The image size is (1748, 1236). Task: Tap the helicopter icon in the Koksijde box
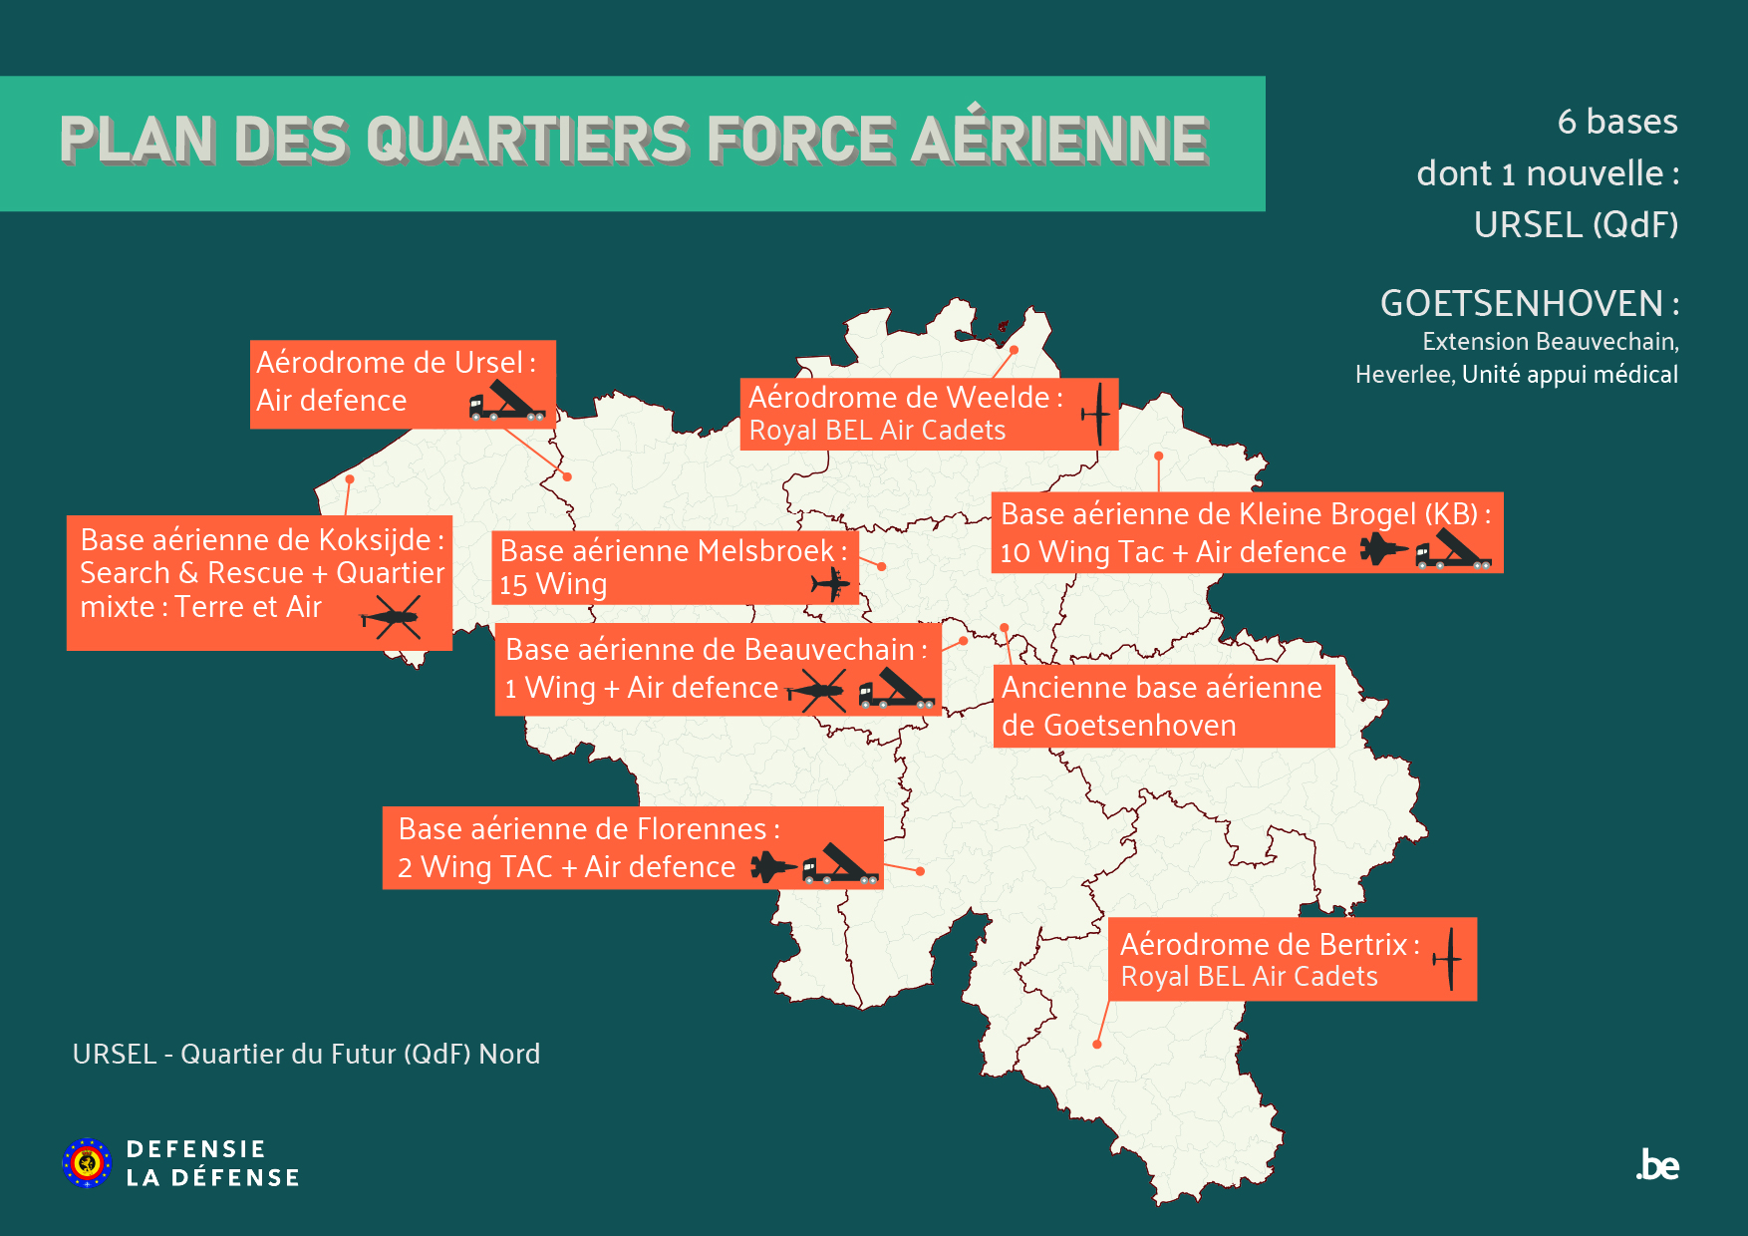click(x=391, y=619)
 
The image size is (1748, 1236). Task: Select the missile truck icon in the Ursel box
click(x=506, y=401)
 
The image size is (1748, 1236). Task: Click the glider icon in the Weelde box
click(x=1096, y=414)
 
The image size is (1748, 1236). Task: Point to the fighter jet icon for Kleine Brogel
click(x=1383, y=549)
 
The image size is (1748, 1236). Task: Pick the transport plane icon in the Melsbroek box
click(x=830, y=583)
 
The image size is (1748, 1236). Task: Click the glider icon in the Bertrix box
click(x=1448, y=959)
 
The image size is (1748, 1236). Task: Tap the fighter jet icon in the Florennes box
click(x=772, y=867)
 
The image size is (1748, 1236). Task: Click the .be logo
click(x=1658, y=1165)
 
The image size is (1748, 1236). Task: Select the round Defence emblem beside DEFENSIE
click(x=88, y=1163)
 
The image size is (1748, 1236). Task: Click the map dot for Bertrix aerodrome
click(x=1097, y=1045)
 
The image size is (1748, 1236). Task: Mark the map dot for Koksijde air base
click(x=350, y=479)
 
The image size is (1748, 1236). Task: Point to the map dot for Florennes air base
click(x=920, y=871)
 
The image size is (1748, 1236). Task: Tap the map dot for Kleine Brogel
click(x=1159, y=456)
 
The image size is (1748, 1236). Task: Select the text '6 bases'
click(x=1617, y=122)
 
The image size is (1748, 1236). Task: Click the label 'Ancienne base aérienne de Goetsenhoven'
click(x=1163, y=706)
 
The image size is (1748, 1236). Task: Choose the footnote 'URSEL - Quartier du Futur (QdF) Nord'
click(x=306, y=1054)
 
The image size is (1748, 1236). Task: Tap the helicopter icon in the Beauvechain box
click(x=817, y=690)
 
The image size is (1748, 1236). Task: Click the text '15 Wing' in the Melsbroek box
click(x=553, y=584)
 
